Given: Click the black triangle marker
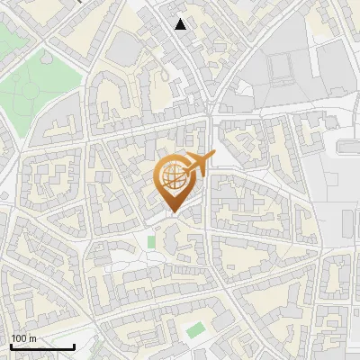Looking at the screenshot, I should coord(181,24).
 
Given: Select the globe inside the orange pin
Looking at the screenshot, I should coord(174,177).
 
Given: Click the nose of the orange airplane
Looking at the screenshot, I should coord(213,156).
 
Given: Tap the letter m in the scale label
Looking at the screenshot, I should coord(32,337).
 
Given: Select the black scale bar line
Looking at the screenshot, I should coord(42,347).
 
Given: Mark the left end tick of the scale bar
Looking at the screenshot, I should coord(11,346).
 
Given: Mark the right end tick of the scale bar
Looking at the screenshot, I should coord(74,346).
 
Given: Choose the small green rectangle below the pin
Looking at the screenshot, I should coord(151,241).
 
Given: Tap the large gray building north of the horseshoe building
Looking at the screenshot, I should coord(125,47).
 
